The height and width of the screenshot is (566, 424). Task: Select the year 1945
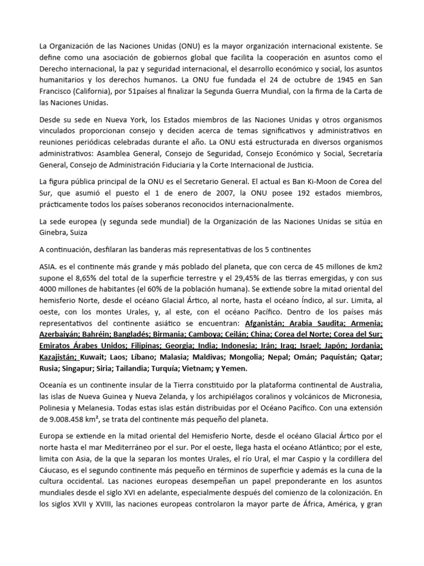[x=340, y=79]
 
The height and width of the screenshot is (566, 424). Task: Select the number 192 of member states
[x=314, y=192]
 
